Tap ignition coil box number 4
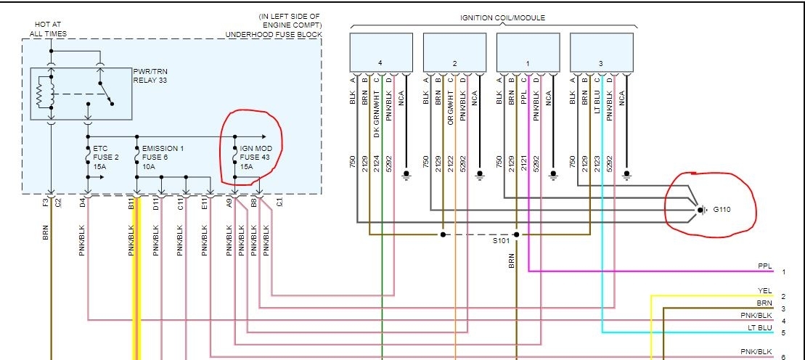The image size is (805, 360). click(381, 52)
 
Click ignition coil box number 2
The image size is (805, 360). click(454, 52)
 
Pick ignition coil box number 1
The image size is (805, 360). click(528, 52)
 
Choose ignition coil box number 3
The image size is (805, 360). click(601, 52)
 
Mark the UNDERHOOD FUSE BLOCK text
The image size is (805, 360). click(274, 34)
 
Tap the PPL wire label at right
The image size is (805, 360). click(764, 266)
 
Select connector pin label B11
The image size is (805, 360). click(131, 204)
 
